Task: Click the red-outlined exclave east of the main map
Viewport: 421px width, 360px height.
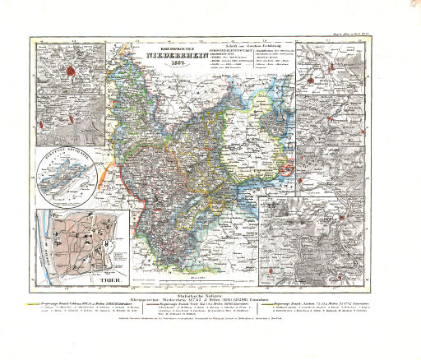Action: (285, 169)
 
